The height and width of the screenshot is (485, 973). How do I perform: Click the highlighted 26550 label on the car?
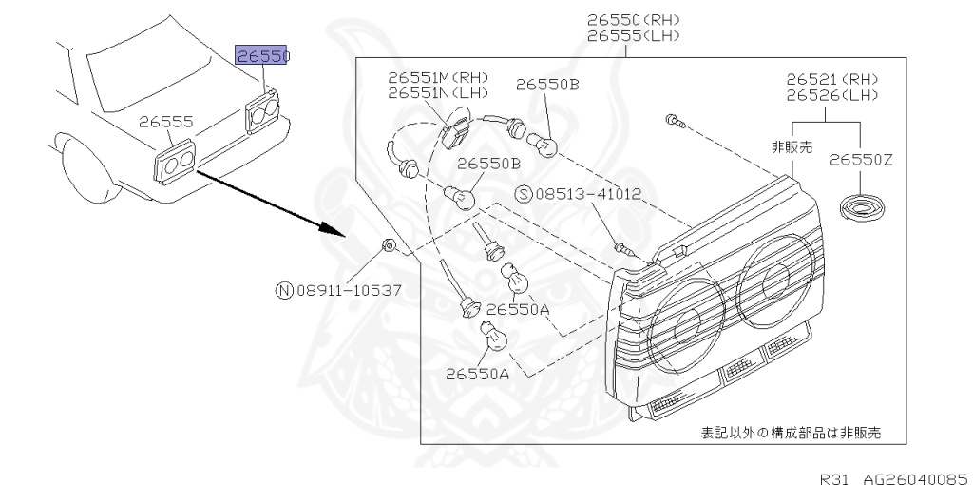click(x=262, y=56)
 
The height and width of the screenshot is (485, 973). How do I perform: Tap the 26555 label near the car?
click(x=166, y=122)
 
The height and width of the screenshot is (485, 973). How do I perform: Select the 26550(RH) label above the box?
click(x=633, y=19)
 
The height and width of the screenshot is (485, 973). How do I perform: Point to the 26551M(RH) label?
click(x=437, y=76)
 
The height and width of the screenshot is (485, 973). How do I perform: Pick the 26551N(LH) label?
click(x=437, y=92)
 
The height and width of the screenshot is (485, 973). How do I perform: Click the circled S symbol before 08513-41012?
click(x=524, y=194)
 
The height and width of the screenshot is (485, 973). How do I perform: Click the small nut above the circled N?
click(x=389, y=246)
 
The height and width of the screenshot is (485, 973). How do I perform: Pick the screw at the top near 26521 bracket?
click(x=674, y=120)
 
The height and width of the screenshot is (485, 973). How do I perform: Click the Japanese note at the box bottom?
click(x=791, y=433)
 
